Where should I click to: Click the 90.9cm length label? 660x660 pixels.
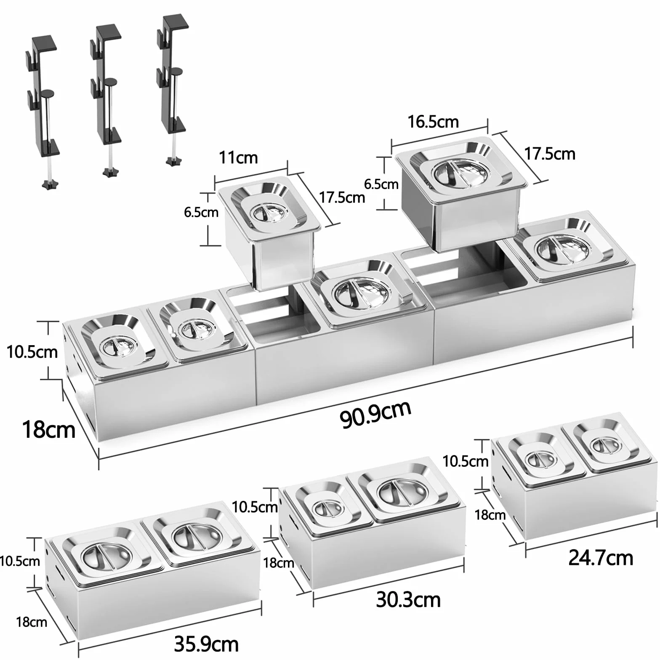coord(375,415)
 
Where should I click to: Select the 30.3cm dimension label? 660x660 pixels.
coord(408,599)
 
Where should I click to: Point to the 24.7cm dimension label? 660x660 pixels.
coord(601,558)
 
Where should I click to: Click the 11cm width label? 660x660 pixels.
coord(238,157)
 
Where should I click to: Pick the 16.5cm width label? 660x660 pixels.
coord(433,122)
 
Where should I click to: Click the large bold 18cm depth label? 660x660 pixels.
coord(49,429)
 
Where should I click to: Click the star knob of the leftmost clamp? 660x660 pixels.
coord(50,183)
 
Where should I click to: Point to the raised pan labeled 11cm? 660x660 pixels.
coord(269,234)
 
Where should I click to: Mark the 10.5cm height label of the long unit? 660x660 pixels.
coord(32,352)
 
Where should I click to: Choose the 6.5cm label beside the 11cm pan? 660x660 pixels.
coord(201,212)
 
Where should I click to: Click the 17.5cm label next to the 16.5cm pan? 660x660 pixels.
coord(550,154)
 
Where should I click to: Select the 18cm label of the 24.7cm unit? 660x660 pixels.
coord(490,514)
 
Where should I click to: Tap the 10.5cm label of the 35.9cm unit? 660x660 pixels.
coord(20,561)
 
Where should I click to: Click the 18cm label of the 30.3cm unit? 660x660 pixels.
coord(279,563)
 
